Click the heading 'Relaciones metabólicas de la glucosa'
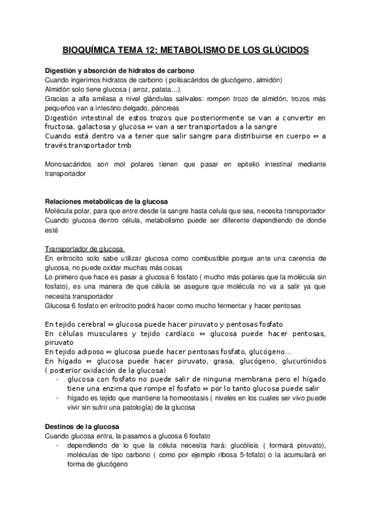point(107,202)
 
